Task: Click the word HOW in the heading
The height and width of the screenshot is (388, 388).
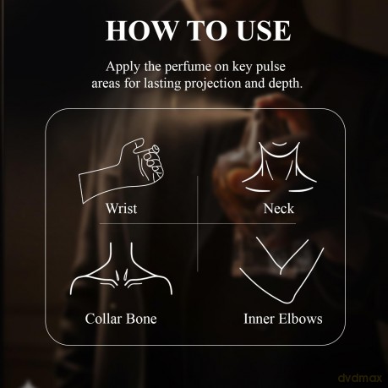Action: [141, 30]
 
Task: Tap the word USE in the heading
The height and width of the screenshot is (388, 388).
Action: [264, 30]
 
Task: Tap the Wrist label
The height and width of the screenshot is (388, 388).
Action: [122, 209]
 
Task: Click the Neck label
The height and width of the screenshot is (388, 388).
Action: [279, 209]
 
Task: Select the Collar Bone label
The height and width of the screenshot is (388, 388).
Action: [121, 319]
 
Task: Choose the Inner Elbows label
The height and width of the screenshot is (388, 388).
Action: [283, 319]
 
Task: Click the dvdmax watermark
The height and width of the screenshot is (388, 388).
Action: [360, 378]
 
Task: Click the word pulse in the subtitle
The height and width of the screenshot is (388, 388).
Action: [271, 67]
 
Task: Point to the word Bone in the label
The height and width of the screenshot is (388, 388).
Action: [141, 319]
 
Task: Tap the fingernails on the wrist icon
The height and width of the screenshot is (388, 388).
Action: [153, 161]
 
